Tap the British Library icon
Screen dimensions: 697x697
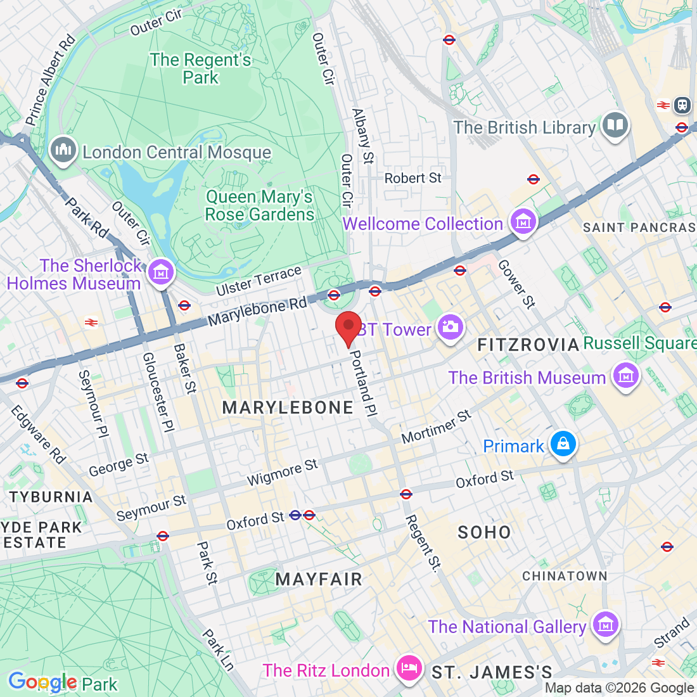615,125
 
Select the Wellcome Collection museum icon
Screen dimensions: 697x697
523,222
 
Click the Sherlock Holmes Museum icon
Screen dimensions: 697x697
161,272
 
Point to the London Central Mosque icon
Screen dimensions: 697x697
63,151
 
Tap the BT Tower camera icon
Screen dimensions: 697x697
450,328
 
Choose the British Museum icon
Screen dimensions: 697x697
626,376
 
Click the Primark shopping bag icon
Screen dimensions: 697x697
562,444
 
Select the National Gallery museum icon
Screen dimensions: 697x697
605,625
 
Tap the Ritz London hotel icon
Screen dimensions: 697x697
409,668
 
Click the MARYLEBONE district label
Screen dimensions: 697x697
288,407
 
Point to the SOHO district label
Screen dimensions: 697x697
484,532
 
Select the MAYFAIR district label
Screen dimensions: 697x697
319,579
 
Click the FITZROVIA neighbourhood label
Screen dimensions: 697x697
528,345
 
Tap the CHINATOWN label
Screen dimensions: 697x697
565,576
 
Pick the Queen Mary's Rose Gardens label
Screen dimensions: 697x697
259,206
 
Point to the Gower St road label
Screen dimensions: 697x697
516,284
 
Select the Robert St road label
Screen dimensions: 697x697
412,178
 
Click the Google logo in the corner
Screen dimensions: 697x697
42,682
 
